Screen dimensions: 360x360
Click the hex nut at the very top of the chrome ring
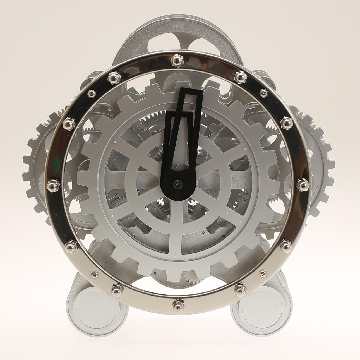tap(177, 59)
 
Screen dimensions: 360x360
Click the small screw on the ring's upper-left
tap(90, 93)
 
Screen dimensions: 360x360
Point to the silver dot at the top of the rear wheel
tap(177, 26)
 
